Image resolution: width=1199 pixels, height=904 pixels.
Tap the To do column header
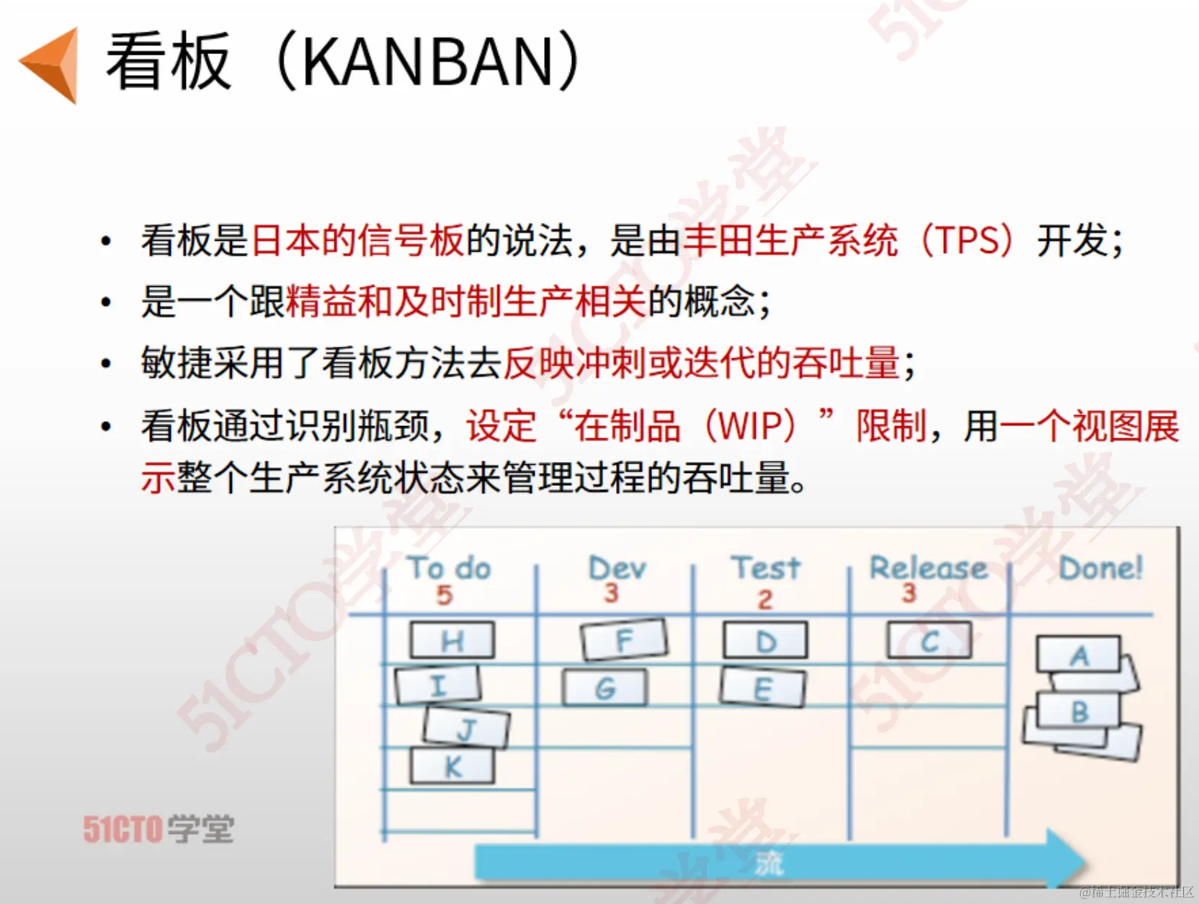[x=450, y=568]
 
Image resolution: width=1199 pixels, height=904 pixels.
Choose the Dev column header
[x=618, y=568]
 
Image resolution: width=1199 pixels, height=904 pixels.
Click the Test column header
[x=766, y=568]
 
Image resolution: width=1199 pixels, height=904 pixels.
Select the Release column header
[x=929, y=568]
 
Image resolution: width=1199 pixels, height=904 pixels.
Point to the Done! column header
[x=1101, y=568]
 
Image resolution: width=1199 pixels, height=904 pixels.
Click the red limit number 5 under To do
[x=445, y=595]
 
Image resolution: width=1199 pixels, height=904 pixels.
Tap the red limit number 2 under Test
[x=765, y=600]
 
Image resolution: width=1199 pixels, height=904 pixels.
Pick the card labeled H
[x=453, y=640]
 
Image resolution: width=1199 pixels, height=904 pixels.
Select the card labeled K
[x=453, y=766]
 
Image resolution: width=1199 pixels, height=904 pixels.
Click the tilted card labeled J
[x=466, y=727]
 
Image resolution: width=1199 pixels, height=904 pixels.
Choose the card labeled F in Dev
[x=624, y=639]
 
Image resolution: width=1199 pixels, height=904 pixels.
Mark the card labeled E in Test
[x=762, y=688]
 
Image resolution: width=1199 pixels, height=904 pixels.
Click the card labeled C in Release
[x=930, y=640]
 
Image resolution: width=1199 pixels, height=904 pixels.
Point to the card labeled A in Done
[x=1079, y=655]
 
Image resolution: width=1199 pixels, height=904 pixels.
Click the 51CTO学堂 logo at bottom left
[x=159, y=828]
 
